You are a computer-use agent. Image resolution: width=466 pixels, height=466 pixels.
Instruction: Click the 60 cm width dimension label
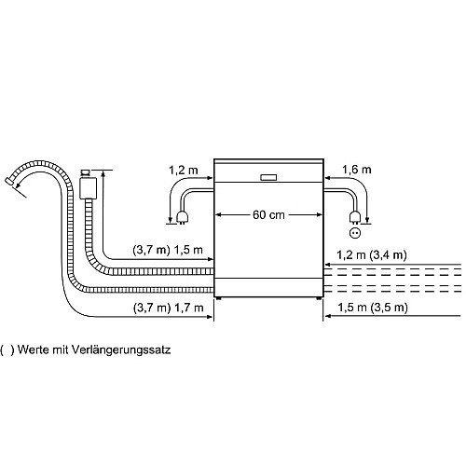click(268, 215)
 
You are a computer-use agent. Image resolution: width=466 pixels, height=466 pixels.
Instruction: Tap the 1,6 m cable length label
click(357, 170)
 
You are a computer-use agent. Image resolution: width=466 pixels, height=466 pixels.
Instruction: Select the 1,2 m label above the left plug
click(184, 171)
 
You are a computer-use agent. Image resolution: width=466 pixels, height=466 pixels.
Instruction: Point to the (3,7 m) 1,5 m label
click(168, 250)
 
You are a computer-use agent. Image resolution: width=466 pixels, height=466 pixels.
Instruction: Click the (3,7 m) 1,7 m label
click(169, 308)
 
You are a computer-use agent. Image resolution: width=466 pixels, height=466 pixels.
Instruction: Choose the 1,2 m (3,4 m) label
click(372, 255)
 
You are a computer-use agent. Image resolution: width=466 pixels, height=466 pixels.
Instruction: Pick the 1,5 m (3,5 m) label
click(373, 308)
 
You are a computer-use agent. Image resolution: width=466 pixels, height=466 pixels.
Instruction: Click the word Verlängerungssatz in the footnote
click(121, 350)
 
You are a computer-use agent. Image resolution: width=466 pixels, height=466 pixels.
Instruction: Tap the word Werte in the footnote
click(34, 349)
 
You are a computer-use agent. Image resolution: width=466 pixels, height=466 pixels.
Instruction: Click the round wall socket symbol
click(355, 233)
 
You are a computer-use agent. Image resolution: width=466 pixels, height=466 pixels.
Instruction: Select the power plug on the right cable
click(355, 217)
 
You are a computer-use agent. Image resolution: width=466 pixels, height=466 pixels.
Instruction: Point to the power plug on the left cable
click(183, 217)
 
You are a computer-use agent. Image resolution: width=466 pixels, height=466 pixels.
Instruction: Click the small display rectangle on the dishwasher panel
click(268, 177)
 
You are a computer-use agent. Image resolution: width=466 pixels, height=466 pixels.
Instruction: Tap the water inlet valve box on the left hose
click(89, 188)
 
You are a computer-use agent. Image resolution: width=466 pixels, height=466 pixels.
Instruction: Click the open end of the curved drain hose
click(9, 182)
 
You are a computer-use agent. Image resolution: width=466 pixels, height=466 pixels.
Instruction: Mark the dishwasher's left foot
click(219, 298)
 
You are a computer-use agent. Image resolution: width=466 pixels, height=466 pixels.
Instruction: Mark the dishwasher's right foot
click(319, 298)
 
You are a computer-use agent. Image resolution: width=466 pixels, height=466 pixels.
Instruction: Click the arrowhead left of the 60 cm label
click(218, 214)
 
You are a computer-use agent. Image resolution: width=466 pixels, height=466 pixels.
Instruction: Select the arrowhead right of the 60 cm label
click(320, 214)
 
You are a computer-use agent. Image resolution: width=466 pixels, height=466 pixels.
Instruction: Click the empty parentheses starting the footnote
click(7, 350)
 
